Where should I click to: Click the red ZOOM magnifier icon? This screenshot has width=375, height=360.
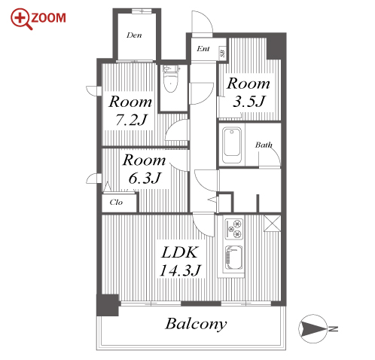(21, 19)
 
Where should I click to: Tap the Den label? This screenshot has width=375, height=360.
(134, 35)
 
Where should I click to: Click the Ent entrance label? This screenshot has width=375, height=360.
(203, 48)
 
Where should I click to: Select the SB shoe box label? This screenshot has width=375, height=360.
(223, 53)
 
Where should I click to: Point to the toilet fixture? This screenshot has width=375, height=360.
(171, 78)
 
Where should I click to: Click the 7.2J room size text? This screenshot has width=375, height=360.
(131, 120)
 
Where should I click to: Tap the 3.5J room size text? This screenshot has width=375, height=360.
(248, 102)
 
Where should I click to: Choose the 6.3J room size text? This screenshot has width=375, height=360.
(145, 178)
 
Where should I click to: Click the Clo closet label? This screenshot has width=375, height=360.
(116, 202)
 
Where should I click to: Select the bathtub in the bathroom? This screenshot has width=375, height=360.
(232, 145)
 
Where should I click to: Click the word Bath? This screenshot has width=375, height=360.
(264, 145)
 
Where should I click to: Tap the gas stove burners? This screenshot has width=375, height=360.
(234, 229)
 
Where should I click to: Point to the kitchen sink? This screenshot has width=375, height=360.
(234, 258)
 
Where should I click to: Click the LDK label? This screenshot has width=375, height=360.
(180, 252)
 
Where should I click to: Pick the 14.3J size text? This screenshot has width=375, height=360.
(180, 270)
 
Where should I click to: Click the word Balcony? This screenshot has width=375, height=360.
(196, 324)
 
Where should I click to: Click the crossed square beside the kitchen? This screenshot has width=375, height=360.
(272, 223)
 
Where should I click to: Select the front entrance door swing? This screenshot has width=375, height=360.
(202, 23)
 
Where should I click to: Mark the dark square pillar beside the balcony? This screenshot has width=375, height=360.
(108, 305)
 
